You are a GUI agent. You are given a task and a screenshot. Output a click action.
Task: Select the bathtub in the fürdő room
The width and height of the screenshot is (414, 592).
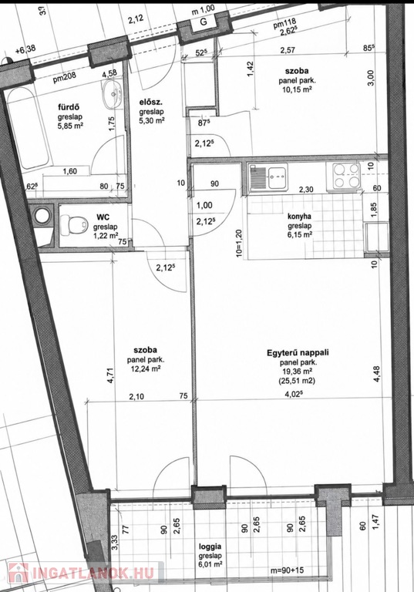pos(29,129)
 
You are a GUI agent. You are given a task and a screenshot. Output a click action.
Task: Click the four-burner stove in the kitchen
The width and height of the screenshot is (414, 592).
pos(345,176)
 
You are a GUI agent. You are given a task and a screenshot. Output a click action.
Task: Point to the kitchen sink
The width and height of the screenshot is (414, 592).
pos(268,177)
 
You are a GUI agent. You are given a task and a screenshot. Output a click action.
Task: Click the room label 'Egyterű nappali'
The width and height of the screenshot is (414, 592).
pos(298,352)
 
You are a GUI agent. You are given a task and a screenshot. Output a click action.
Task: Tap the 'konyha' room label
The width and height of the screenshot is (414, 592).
pos(299,217)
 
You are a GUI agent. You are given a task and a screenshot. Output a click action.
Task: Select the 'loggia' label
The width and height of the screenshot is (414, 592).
pos(210,547)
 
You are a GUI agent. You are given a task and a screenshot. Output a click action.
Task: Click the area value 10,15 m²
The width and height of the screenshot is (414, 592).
pos(298,89)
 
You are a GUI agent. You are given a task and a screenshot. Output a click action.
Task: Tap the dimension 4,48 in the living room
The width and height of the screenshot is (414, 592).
pos(376,375)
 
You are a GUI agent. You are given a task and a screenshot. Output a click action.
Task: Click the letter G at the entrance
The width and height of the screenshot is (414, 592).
pos(204,22)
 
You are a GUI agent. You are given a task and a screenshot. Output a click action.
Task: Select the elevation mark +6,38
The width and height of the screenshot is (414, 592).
pos(25,49)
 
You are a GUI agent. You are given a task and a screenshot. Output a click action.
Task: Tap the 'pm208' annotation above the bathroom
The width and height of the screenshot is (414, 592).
pos(64,77)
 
